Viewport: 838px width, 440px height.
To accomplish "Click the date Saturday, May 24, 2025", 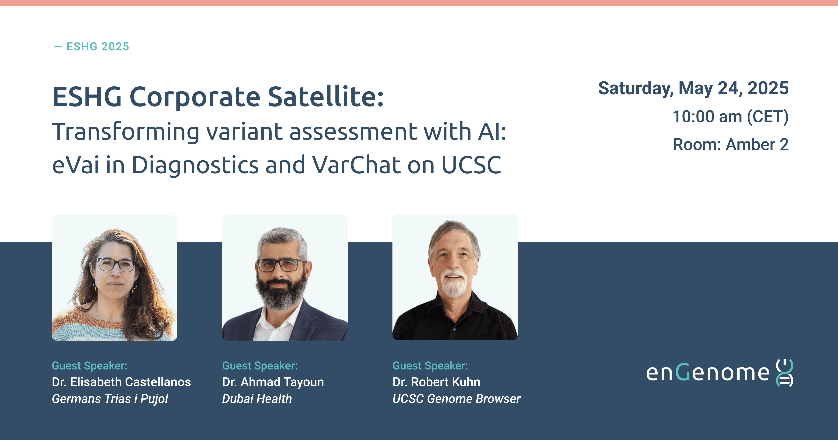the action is click(693, 88).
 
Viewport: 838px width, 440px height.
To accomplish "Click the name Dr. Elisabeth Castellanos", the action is click(121, 382).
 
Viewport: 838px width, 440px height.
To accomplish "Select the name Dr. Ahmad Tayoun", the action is click(273, 382).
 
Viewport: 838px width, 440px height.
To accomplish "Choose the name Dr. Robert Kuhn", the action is click(436, 382).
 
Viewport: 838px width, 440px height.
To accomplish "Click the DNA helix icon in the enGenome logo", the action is click(785, 373).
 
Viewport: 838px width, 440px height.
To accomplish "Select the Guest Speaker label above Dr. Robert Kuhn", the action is click(430, 366).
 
